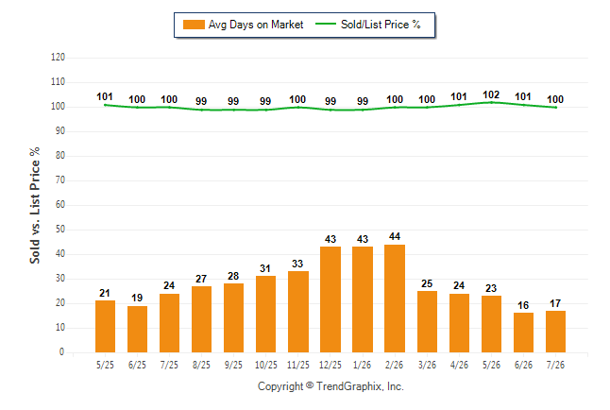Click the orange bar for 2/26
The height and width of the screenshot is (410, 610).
[x=395, y=299]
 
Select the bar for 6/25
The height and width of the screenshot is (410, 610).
[x=137, y=329]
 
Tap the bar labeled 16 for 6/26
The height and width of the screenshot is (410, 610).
[x=523, y=333]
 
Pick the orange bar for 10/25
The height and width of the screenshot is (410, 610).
[x=265, y=315]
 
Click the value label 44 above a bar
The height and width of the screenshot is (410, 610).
[x=395, y=236]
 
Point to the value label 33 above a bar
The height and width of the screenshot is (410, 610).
[x=297, y=264]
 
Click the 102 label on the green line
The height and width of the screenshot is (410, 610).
[x=491, y=94]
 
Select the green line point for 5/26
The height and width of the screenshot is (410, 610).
[x=491, y=102]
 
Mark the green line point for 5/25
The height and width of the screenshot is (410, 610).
[x=105, y=105]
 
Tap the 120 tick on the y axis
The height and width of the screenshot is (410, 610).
[x=58, y=58]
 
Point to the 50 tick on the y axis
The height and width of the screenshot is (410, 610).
[x=60, y=229]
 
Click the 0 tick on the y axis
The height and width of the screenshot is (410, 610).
[x=62, y=352]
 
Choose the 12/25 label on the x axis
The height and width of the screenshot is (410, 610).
[x=330, y=365]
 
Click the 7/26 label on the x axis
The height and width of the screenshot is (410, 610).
[x=555, y=365]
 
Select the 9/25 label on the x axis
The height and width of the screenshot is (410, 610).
[x=233, y=365]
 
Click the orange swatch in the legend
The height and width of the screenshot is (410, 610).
[x=194, y=25]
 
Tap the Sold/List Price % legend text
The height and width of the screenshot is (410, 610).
[x=381, y=25]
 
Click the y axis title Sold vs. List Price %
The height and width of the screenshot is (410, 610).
[x=35, y=205]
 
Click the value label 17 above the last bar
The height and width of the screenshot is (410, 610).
[x=555, y=303]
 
